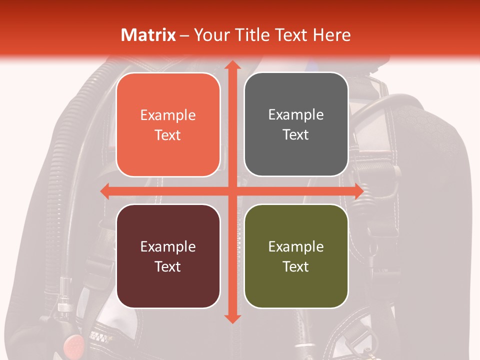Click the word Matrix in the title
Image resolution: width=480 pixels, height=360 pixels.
pyautogui.click(x=148, y=35)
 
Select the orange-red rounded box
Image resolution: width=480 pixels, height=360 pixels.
pyautogui.click(x=168, y=124)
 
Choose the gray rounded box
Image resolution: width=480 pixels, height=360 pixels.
pyautogui.click(x=296, y=124)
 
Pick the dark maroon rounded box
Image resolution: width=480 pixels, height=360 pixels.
pyautogui.click(x=168, y=256)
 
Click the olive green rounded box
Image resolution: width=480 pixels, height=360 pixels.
pyautogui.click(x=296, y=256)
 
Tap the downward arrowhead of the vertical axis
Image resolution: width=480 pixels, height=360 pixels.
pyautogui.click(x=231, y=318)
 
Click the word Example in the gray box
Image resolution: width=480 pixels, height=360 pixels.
pyautogui.click(x=296, y=115)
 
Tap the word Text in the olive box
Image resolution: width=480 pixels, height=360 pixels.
pyautogui.click(x=296, y=266)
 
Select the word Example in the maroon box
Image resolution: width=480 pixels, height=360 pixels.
pyautogui.click(x=168, y=246)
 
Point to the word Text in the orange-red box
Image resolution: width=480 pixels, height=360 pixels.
pyautogui.click(x=168, y=135)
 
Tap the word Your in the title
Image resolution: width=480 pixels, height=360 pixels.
pyautogui.click(x=209, y=35)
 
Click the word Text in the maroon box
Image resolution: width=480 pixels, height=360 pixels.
pyautogui.click(x=168, y=266)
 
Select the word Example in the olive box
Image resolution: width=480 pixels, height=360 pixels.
pyautogui.click(x=296, y=246)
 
